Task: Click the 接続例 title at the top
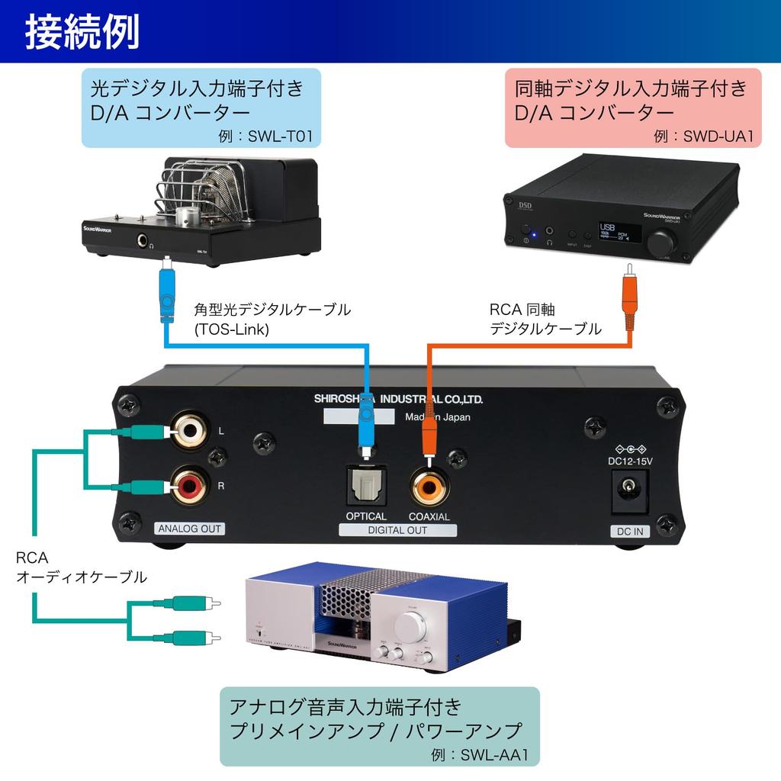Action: (82, 32)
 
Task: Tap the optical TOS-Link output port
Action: (367, 485)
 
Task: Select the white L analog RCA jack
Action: (188, 432)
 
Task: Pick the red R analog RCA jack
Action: (188, 485)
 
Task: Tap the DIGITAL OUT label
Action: (398, 530)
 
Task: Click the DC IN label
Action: (629, 531)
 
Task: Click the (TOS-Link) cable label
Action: (232, 329)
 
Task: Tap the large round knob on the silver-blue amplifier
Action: (411, 627)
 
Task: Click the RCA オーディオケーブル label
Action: (80, 568)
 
